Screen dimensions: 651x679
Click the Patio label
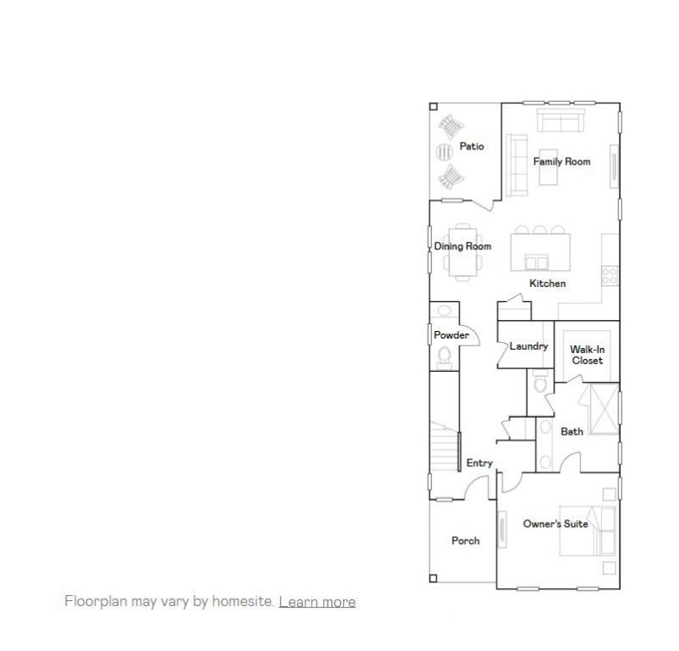point(472,147)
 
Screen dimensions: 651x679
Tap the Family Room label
point(562,161)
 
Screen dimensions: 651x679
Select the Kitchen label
point(547,283)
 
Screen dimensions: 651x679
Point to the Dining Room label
point(463,247)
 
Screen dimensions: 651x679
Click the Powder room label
point(452,335)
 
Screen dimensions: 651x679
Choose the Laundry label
point(529,346)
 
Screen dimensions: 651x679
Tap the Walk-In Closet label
point(586,355)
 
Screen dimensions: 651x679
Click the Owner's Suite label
point(555,524)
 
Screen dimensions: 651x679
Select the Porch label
point(465,541)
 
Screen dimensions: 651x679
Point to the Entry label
point(480,463)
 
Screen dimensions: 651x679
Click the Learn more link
point(317,602)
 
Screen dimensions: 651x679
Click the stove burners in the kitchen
point(610,275)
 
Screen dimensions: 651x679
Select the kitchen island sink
point(536,261)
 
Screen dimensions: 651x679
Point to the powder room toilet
point(443,357)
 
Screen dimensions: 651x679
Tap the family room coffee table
point(547,172)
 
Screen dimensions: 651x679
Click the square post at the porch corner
point(433,579)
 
